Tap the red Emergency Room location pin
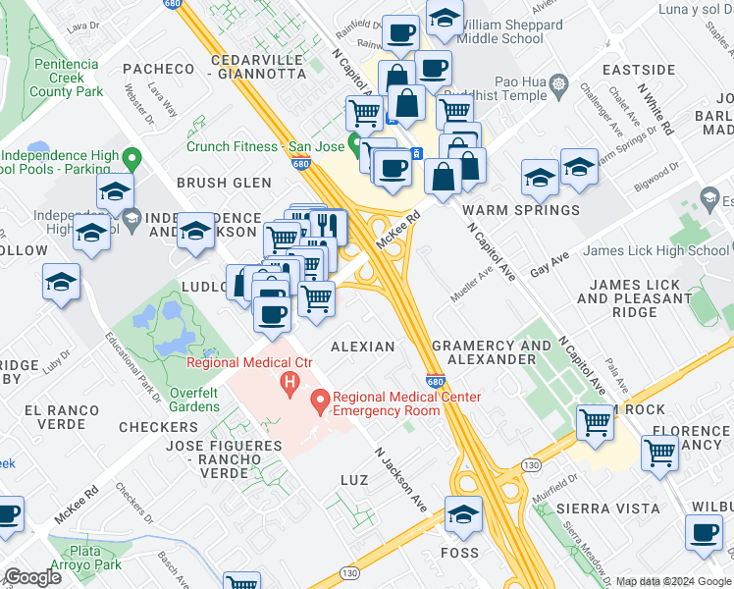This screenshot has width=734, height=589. click(320, 401)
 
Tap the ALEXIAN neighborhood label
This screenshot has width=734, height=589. click(363, 347)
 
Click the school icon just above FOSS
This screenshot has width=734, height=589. click(464, 512)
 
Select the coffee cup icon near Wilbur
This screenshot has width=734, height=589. click(703, 533)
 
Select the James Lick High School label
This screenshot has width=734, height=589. click(655, 250)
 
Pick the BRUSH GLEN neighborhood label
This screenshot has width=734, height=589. click(224, 183)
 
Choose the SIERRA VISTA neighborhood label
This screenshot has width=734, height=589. click(594, 509)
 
